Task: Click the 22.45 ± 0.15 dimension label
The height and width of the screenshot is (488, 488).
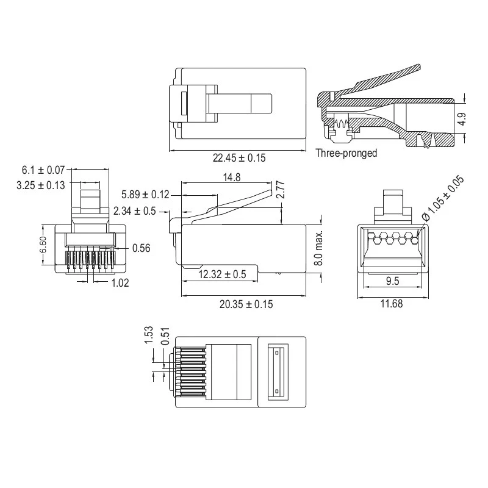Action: click(239, 158)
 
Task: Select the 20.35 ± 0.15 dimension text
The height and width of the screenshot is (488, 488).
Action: click(246, 304)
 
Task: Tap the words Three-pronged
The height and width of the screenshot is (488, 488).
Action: click(346, 153)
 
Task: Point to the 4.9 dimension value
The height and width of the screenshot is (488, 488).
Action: click(462, 119)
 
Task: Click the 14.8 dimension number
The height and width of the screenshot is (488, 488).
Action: click(232, 178)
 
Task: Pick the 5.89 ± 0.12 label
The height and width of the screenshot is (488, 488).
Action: click(145, 195)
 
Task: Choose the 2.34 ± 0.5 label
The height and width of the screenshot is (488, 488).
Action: click(134, 211)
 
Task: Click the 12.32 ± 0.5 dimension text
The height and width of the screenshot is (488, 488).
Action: click(222, 274)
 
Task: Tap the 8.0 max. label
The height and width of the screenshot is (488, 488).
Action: click(318, 248)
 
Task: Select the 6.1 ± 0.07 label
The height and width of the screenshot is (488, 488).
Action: click(43, 170)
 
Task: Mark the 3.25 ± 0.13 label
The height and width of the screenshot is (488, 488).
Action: click(41, 185)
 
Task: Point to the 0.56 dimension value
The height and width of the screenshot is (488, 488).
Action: click(142, 248)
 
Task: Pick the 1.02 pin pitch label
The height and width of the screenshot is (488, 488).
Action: click(120, 283)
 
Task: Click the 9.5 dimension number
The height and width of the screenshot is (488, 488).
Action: click(392, 281)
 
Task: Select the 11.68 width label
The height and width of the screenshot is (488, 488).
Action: click(392, 303)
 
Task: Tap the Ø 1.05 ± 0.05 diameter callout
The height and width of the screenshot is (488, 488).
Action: click(443, 199)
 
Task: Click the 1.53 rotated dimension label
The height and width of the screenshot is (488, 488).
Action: click(149, 334)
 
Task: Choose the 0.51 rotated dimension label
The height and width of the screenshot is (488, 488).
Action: click(165, 336)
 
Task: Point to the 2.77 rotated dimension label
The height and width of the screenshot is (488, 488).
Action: click(281, 190)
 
